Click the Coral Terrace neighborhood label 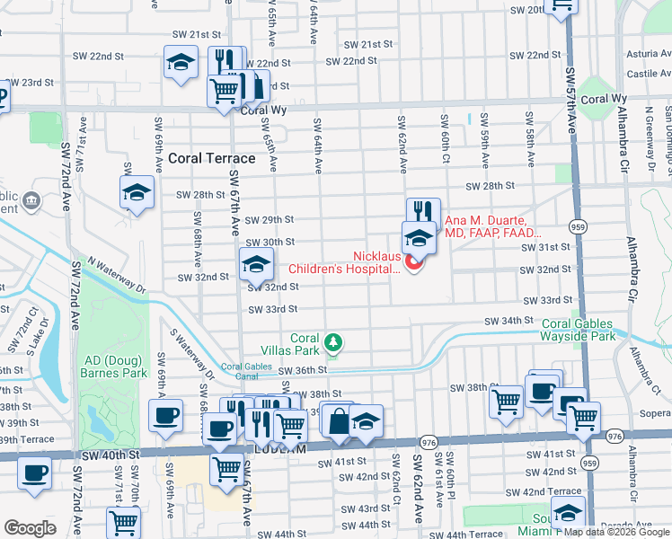pyautogui.click(x=211, y=158)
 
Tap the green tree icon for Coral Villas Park pyautogui.click(x=333, y=341)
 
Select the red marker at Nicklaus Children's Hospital pyautogui.click(x=414, y=262)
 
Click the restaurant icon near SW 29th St pyautogui.click(x=422, y=211)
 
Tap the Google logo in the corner pyautogui.click(x=30, y=527)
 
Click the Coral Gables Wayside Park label pyautogui.click(x=588, y=330)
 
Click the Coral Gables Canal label pyautogui.click(x=246, y=371)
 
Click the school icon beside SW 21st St pyautogui.click(x=181, y=63)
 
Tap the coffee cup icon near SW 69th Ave pyautogui.click(x=165, y=416)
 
